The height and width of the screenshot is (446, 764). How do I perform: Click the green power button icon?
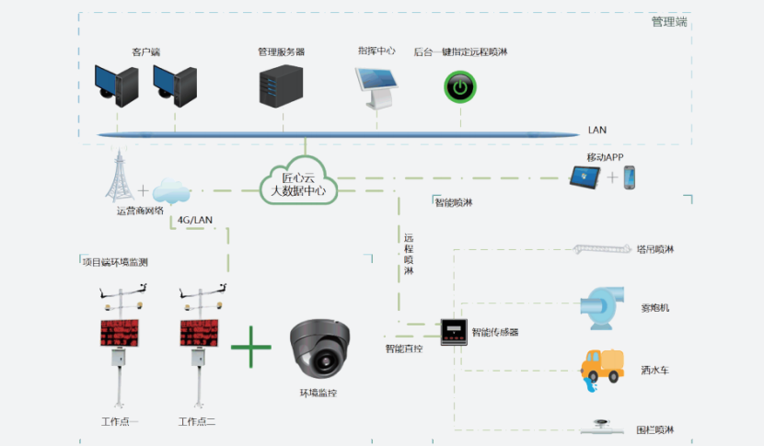[457, 87]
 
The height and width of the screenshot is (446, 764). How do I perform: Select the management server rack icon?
[282, 85]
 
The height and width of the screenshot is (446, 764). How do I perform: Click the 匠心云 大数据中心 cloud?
[297, 182]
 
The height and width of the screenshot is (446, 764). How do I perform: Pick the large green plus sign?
[251, 349]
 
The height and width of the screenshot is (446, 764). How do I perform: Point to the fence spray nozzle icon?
[604, 426]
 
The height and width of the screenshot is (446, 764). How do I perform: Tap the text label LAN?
[597, 131]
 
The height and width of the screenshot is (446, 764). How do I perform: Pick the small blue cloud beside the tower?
[170, 192]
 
